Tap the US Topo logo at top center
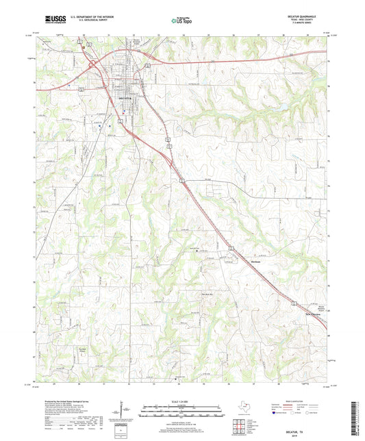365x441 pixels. [179, 21]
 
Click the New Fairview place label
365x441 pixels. [312, 315]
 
